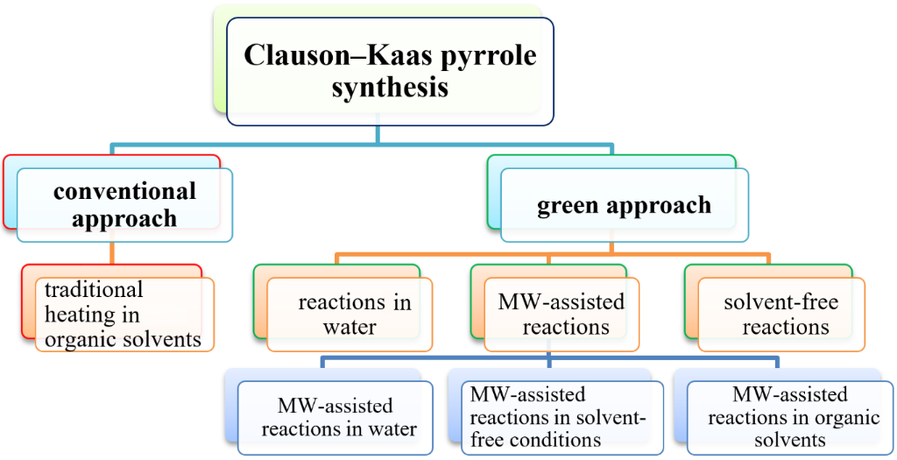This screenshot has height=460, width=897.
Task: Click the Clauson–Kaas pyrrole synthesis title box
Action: [390, 72]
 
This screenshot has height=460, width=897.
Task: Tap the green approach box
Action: [624, 206]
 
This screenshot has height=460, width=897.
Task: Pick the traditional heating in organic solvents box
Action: [124, 314]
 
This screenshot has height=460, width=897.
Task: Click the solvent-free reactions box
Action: [780, 315]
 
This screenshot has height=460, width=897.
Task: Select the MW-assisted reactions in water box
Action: [335, 417]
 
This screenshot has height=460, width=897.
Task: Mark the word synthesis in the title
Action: [390, 88]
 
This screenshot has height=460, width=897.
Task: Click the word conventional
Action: [124, 191]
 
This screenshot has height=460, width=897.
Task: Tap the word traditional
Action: [94, 289]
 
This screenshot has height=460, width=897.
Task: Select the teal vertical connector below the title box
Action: [378, 133]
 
